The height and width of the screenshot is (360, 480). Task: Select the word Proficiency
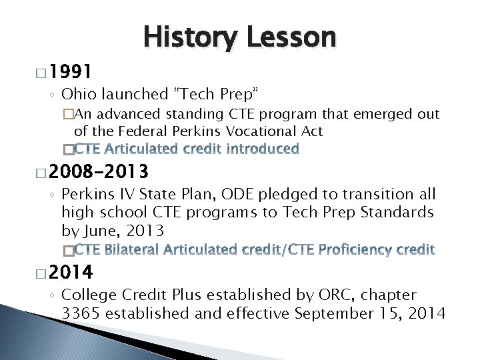coord(356,250)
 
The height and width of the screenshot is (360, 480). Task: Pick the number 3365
coord(80,313)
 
